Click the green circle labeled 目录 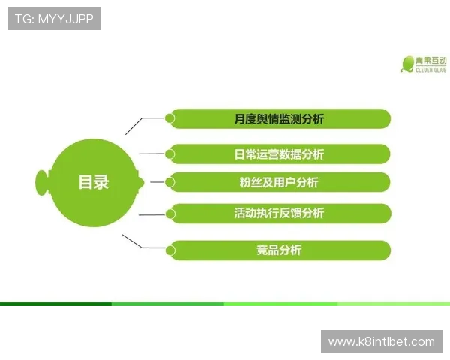93,182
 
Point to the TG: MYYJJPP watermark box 54,18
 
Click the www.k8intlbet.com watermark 381,342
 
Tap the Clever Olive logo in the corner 423,64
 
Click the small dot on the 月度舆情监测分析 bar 170,118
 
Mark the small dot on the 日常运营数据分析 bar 170,154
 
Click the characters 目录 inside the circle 94,182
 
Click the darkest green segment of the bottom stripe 55,304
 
